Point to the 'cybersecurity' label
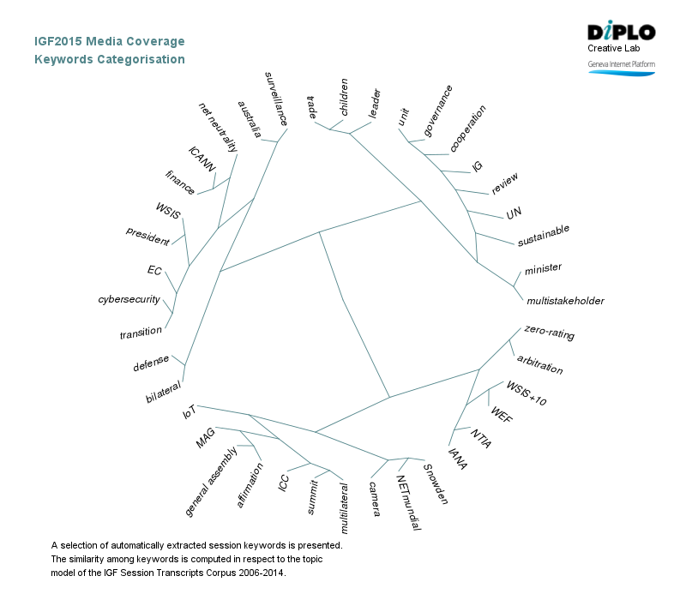tap(129, 299)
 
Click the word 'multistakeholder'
tap(565, 301)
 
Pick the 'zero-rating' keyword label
tap(549, 333)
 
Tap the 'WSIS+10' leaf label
tap(526, 393)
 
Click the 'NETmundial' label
tap(408, 503)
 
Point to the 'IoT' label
tap(190, 411)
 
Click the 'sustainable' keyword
tap(544, 236)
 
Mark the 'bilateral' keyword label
tap(163, 394)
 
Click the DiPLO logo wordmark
tap(622, 33)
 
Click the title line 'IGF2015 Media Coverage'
tap(109, 41)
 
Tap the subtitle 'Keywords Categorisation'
tap(109, 59)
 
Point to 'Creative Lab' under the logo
tap(614, 48)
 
